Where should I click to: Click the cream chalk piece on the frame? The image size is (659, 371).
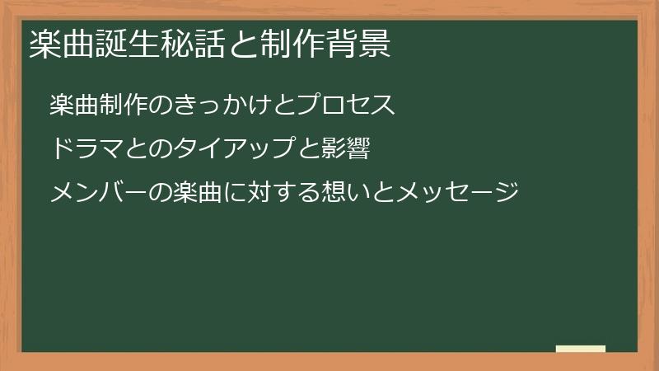580,349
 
